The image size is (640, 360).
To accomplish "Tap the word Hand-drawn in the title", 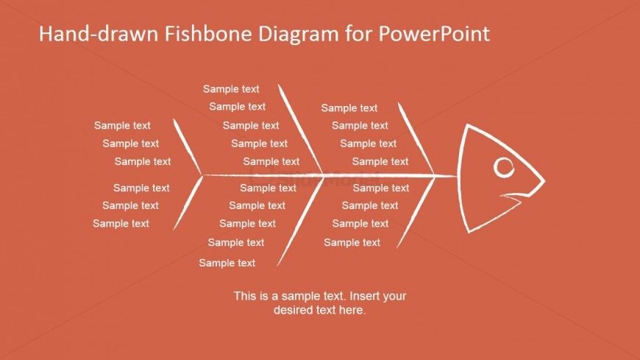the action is coord(99,34).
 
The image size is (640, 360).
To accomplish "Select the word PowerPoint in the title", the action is coord(434,34).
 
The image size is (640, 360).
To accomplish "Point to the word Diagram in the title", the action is coord(299,35).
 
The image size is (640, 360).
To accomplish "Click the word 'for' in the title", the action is coord(359,34).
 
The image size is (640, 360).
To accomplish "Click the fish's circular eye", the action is coord(504,168).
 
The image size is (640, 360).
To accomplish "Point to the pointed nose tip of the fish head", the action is coord(544,180).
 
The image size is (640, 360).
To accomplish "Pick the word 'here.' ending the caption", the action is coord(352,310).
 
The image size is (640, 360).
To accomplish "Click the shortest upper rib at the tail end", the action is coord(188,147).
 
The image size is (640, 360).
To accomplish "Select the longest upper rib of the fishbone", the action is coord(300,130).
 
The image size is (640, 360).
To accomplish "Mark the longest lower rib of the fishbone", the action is coord(300,222).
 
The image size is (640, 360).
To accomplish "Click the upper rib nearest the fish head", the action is coord(416,138).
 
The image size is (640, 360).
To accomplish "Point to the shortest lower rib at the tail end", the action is coord(188,203).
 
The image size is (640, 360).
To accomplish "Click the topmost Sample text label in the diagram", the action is coord(231,89).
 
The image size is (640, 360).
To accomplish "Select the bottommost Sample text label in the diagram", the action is coord(227,263).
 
